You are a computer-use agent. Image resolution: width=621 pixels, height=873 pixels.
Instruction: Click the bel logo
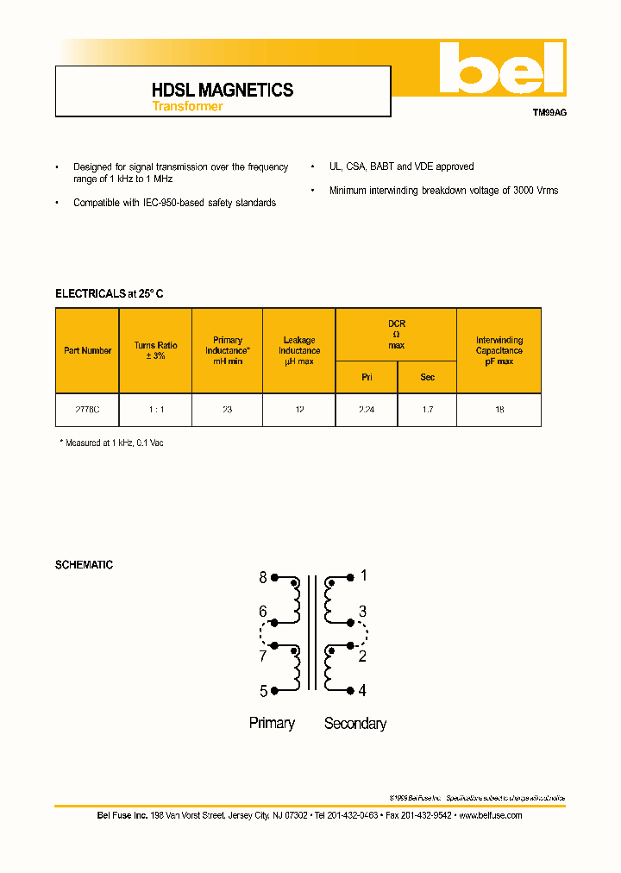click(501, 69)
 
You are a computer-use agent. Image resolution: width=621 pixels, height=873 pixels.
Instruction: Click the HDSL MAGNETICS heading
click(223, 90)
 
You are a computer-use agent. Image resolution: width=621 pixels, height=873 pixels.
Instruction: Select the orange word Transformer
click(187, 107)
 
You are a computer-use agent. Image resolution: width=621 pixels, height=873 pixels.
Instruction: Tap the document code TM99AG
click(549, 113)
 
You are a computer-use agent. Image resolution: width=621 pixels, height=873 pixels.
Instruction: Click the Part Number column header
click(87, 351)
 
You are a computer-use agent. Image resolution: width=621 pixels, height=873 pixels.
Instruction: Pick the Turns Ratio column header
click(155, 350)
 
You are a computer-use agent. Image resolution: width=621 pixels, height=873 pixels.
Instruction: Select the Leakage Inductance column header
click(298, 351)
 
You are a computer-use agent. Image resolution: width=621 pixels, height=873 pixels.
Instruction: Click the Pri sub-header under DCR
click(366, 377)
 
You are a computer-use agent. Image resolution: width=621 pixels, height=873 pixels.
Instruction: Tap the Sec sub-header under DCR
click(427, 377)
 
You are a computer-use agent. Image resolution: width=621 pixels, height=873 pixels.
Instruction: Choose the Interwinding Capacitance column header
click(499, 351)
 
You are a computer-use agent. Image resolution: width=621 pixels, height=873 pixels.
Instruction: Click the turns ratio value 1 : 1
click(155, 411)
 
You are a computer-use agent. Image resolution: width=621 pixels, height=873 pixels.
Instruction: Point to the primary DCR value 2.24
click(366, 411)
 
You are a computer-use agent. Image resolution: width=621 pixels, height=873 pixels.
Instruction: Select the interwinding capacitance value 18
click(499, 411)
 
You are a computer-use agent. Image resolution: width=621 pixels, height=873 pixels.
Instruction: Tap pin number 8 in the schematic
click(263, 578)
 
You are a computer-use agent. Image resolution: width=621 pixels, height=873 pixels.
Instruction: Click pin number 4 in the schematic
click(362, 690)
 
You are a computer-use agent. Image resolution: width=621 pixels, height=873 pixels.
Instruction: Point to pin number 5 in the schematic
click(263, 690)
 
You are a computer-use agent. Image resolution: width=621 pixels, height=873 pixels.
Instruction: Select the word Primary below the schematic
click(272, 723)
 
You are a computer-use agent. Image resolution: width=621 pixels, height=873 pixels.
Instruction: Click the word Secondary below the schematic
click(355, 724)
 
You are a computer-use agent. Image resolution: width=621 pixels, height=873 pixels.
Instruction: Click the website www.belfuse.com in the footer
click(490, 815)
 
